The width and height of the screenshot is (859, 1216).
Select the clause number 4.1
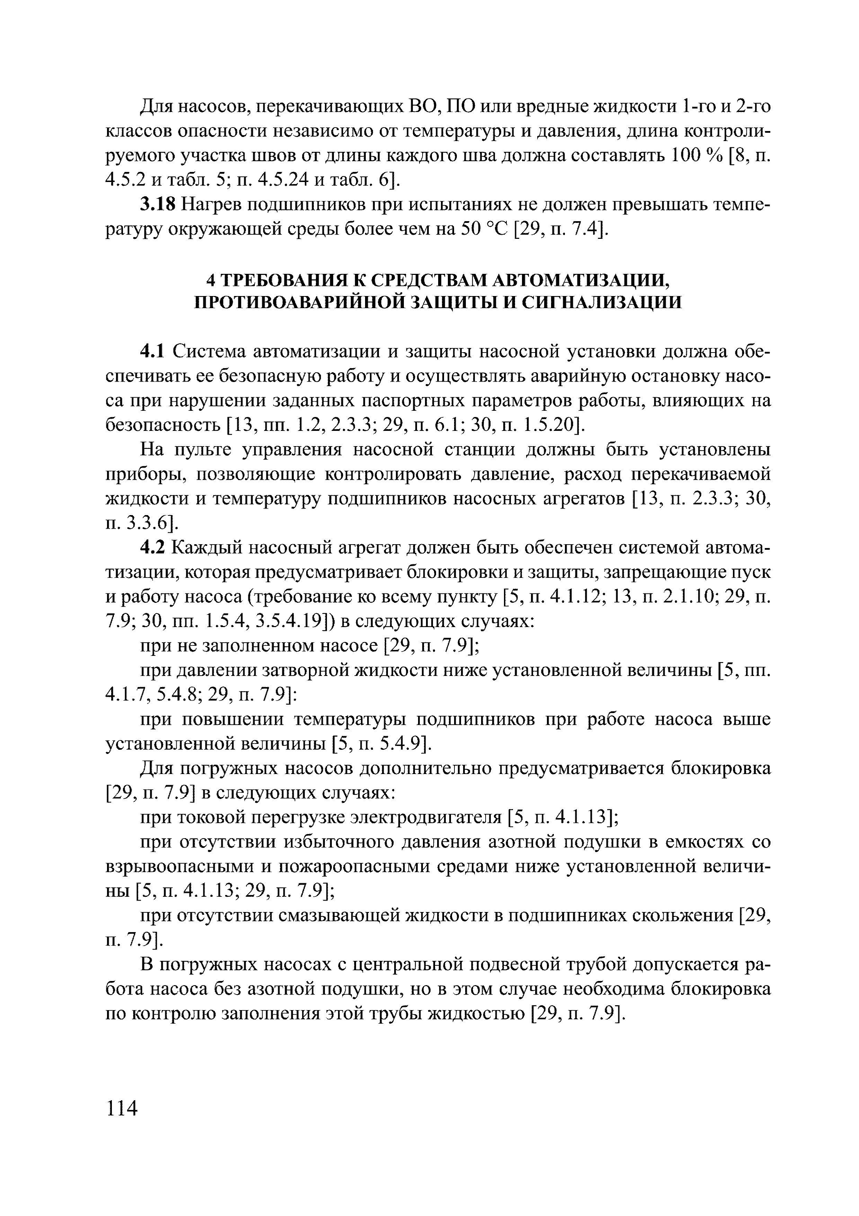tap(153, 352)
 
